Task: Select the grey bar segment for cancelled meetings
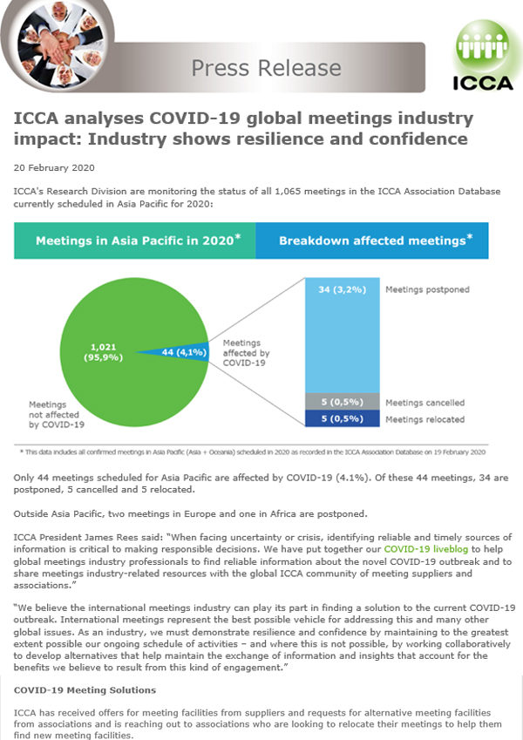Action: [341, 402]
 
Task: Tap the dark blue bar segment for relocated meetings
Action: [341, 419]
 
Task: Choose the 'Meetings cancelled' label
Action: [425, 403]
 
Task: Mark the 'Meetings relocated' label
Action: [425, 419]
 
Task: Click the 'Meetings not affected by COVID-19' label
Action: [57, 415]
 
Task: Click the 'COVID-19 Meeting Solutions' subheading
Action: [85, 689]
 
